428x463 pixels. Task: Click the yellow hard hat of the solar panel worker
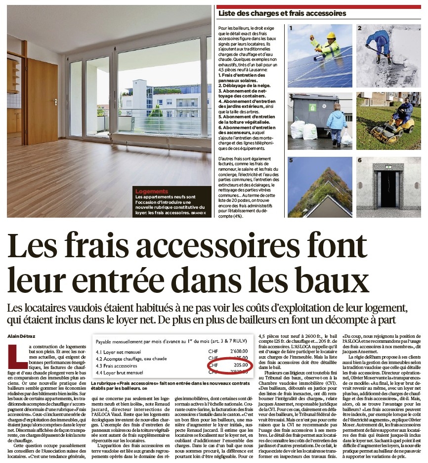click(x=331, y=36)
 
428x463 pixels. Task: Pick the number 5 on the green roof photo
click(x=292, y=161)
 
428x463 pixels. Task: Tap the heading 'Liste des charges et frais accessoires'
click(x=282, y=14)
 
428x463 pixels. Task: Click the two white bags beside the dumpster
click(x=303, y=130)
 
